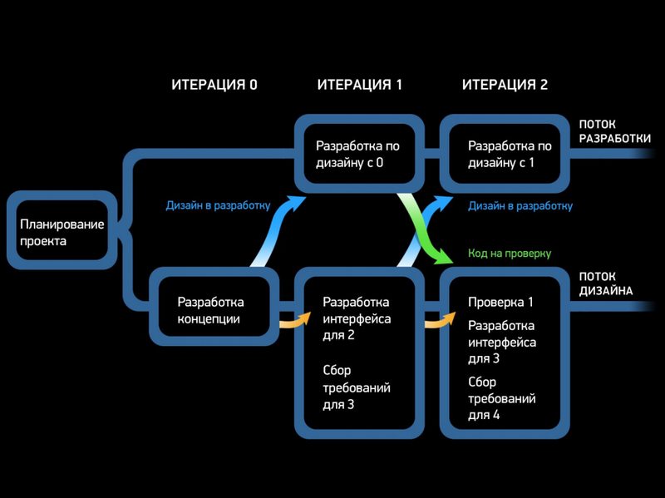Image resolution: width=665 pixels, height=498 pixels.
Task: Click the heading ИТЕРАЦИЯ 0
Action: (214, 85)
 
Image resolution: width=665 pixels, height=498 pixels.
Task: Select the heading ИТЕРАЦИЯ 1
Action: (359, 85)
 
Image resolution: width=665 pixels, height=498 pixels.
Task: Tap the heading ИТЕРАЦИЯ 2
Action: (505, 85)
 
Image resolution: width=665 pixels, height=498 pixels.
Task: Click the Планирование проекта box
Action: (62, 233)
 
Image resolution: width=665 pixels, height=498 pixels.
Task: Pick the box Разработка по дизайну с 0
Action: (357, 155)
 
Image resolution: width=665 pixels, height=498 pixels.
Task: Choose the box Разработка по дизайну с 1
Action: (504, 155)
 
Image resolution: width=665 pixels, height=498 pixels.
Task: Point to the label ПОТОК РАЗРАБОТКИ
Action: (614, 131)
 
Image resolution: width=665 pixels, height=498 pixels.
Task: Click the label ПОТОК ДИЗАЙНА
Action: (606, 284)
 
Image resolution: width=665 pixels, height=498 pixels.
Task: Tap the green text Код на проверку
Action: (510, 253)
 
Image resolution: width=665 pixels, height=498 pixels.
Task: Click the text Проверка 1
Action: (500, 303)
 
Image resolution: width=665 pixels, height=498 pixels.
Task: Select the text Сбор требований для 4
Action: (501, 398)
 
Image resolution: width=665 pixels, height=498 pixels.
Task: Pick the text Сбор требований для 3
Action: (356, 388)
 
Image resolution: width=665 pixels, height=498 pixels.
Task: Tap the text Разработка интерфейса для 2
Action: (356, 318)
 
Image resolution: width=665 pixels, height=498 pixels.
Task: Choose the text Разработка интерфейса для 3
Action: (501, 342)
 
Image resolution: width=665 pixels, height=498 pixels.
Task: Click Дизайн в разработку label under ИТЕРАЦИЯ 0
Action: (218, 206)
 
